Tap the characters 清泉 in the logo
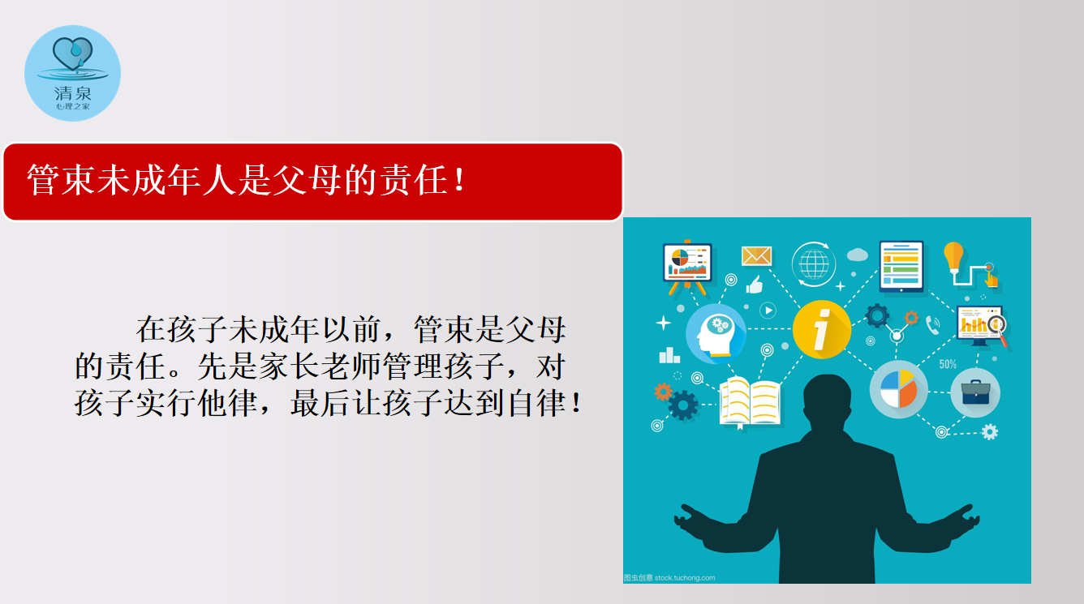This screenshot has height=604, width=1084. pos(72,93)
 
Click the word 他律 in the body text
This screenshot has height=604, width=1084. pos(227,403)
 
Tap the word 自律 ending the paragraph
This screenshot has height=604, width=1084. pos(536,403)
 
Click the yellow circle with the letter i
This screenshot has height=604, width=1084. pos(821,329)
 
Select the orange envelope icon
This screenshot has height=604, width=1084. pos(756,256)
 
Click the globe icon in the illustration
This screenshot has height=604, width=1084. pos(814,264)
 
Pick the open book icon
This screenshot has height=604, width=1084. pos(750,401)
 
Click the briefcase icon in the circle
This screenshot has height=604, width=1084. pos(975,392)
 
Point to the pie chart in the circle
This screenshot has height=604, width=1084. pos(899,389)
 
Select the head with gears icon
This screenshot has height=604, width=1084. pos(716,334)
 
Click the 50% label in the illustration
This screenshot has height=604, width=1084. pos(948,364)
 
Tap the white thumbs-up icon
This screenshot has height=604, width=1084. pos(754,285)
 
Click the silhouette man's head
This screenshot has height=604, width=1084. pos(827,397)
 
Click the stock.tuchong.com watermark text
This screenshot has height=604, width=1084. pos(684,577)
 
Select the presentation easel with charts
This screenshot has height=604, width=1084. pos(687,267)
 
